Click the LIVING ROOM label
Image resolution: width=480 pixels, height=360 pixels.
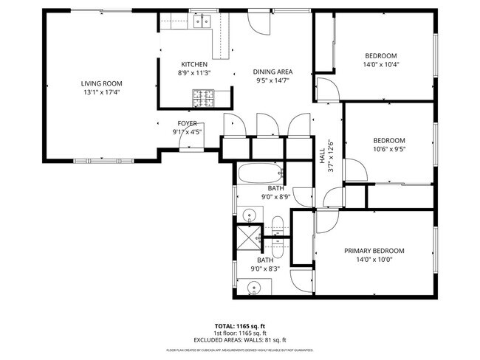click(101, 83)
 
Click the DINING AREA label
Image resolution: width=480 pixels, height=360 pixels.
click(273, 72)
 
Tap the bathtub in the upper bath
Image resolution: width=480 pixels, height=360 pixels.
click(261, 176)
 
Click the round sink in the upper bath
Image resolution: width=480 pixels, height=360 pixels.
click(250, 215)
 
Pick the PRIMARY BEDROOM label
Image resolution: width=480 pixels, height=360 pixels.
click(374, 251)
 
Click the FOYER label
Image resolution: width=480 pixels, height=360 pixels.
click(187, 123)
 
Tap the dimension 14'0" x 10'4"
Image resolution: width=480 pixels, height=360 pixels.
click(381, 65)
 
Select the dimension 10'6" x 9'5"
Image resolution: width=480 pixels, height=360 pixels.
click(388, 150)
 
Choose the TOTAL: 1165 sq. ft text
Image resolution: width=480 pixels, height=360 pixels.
click(240, 325)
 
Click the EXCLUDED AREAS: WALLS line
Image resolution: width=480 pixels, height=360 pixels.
click(240, 339)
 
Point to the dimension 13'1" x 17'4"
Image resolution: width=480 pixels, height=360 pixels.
click(101, 93)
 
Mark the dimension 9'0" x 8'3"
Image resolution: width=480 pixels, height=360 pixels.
click(264, 270)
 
